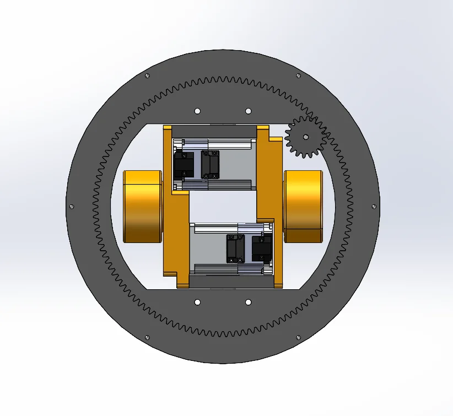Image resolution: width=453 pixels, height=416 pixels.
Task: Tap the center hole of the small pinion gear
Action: pos(306,137)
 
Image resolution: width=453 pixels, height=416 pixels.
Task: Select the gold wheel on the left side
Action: pos(142,206)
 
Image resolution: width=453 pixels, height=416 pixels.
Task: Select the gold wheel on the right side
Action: pos(303,206)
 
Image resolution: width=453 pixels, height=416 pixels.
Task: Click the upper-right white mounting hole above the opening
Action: pos(248,111)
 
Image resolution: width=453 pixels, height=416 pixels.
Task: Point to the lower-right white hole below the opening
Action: pos(248,302)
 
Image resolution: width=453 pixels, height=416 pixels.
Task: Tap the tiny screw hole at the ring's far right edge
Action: pos(375,207)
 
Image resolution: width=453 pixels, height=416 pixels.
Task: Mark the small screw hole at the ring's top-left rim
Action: pos(147,75)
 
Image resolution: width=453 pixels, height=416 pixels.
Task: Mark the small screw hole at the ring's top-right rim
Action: pos(298,75)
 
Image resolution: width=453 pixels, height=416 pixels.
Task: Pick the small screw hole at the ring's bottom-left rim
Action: pos(147,337)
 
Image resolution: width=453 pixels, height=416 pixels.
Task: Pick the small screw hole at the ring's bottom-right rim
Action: pos(298,337)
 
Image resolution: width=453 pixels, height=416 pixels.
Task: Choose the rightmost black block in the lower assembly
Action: pos(262,248)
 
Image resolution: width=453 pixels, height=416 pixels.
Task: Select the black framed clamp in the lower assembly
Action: pos(235,248)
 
